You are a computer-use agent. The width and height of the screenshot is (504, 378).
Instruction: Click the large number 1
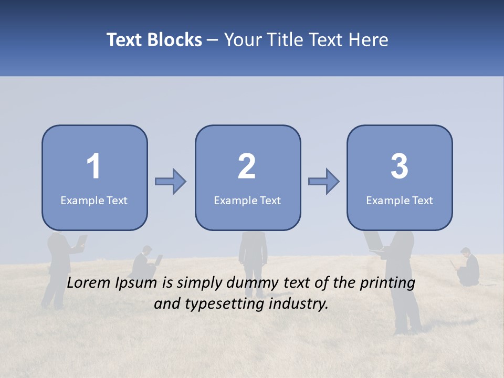point(93,166)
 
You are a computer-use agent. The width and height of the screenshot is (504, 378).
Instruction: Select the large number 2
point(247,166)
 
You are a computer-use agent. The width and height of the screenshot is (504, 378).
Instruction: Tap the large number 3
point(400,166)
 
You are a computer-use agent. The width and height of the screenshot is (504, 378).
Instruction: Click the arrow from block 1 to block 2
point(171,182)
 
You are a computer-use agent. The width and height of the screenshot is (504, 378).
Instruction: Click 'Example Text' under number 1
point(94,200)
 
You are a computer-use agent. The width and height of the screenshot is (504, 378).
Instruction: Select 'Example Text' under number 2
point(247,200)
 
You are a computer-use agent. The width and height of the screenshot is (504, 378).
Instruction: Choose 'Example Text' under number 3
point(400,200)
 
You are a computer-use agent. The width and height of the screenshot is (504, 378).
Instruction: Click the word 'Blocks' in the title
point(174,40)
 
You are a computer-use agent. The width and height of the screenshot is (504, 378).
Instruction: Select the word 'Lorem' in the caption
point(90,283)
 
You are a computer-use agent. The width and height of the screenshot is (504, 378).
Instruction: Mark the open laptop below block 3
point(375,242)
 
